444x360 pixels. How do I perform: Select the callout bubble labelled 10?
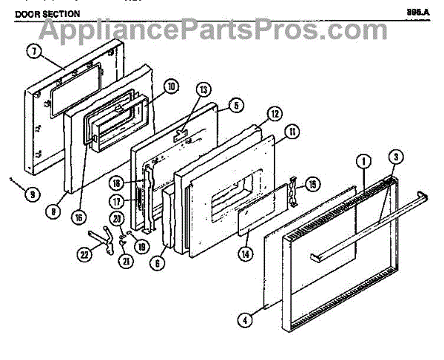[x=171, y=86]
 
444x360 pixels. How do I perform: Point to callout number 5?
[x=235, y=106]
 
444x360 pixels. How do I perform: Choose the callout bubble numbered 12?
[x=275, y=114]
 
